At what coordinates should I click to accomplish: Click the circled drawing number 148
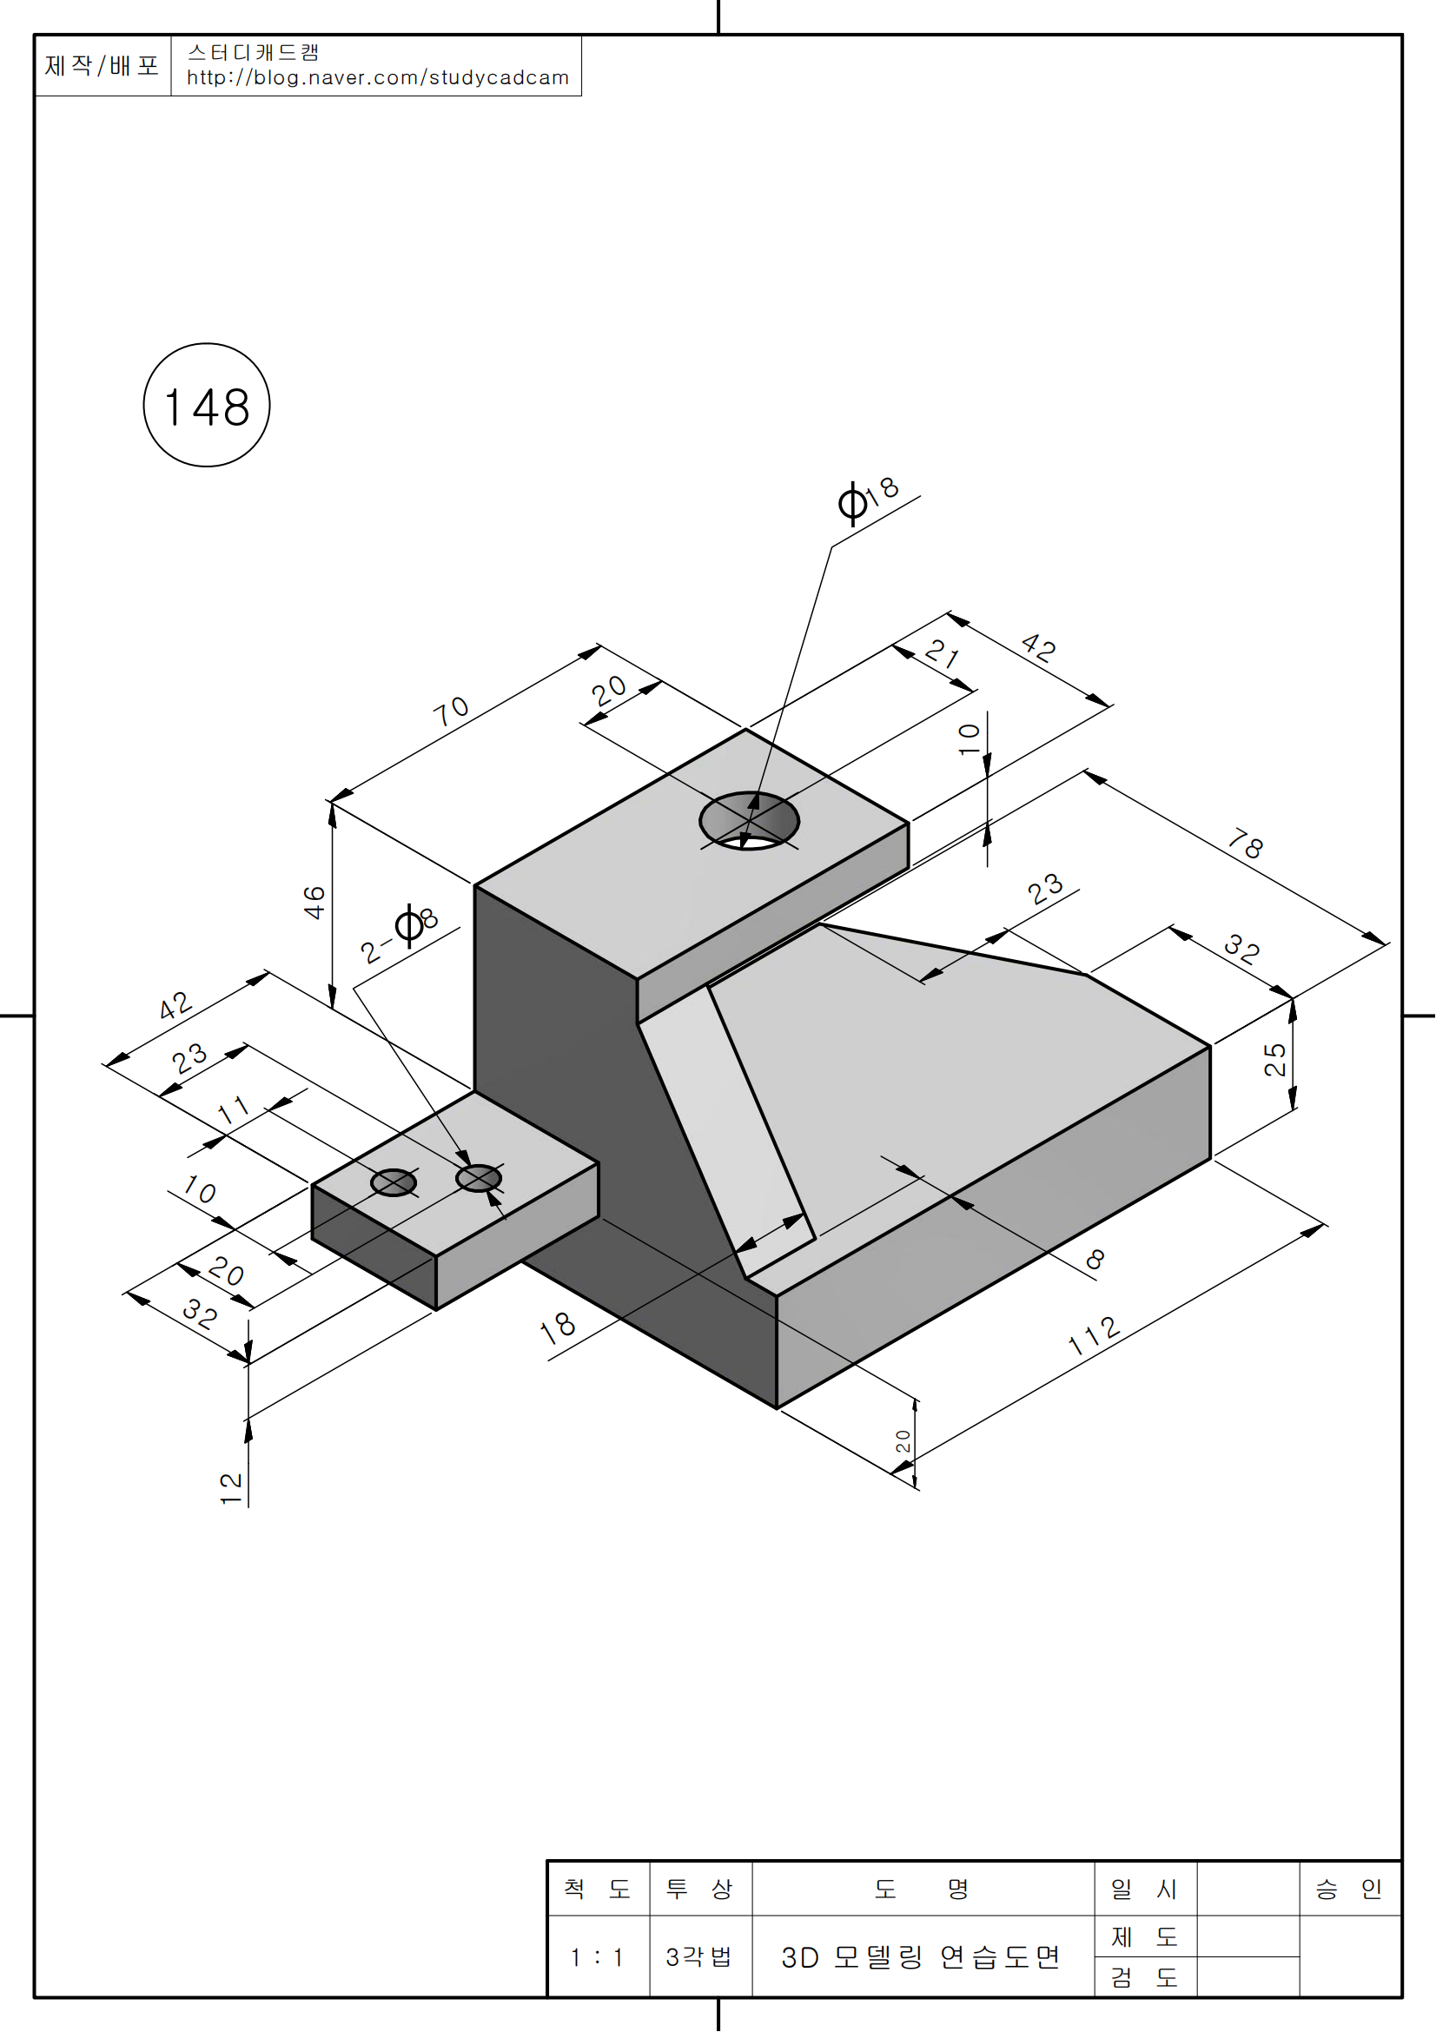coord(206,407)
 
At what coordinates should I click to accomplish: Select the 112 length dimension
coord(1095,1335)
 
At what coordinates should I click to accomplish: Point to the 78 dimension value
coord(1246,845)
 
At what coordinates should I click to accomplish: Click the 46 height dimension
coord(314,903)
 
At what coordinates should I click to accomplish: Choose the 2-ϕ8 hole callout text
coord(400,934)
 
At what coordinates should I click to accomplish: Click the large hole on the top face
coord(749,821)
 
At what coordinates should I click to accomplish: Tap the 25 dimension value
coord(1275,1059)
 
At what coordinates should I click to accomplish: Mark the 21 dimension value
coord(943,655)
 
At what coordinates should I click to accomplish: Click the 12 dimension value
coord(231,1489)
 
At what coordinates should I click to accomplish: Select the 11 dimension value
coord(234,1109)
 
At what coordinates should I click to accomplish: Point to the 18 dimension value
coord(558,1327)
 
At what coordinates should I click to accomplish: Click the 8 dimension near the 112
coord(1095,1260)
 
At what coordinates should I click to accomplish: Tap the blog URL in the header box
coord(377,78)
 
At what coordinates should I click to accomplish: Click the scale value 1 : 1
coord(597,1956)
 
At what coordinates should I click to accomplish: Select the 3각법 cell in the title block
coord(699,1956)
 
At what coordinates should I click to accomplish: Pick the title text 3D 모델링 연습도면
coord(921,1956)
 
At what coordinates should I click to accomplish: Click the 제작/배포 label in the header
coord(102,65)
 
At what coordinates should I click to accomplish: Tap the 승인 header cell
coord(1348,1890)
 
